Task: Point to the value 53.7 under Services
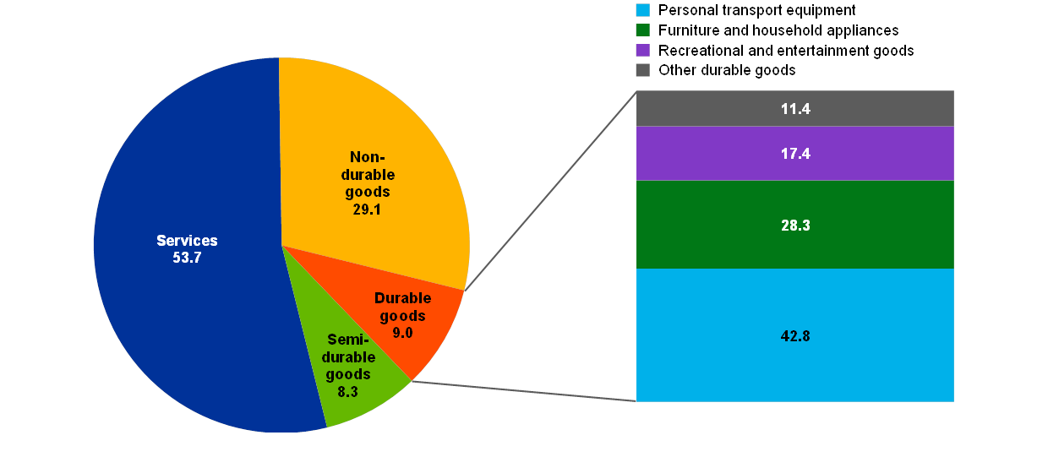point(186,258)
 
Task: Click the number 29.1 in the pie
point(367,209)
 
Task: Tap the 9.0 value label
point(402,333)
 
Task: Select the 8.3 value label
point(348,391)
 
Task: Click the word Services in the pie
point(187,241)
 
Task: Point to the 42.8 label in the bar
point(795,335)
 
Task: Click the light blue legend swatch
point(643,10)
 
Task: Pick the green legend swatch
point(643,30)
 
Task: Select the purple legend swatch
point(643,50)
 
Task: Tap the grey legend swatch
point(643,70)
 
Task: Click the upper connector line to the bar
point(549,191)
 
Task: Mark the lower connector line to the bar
point(524,391)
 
